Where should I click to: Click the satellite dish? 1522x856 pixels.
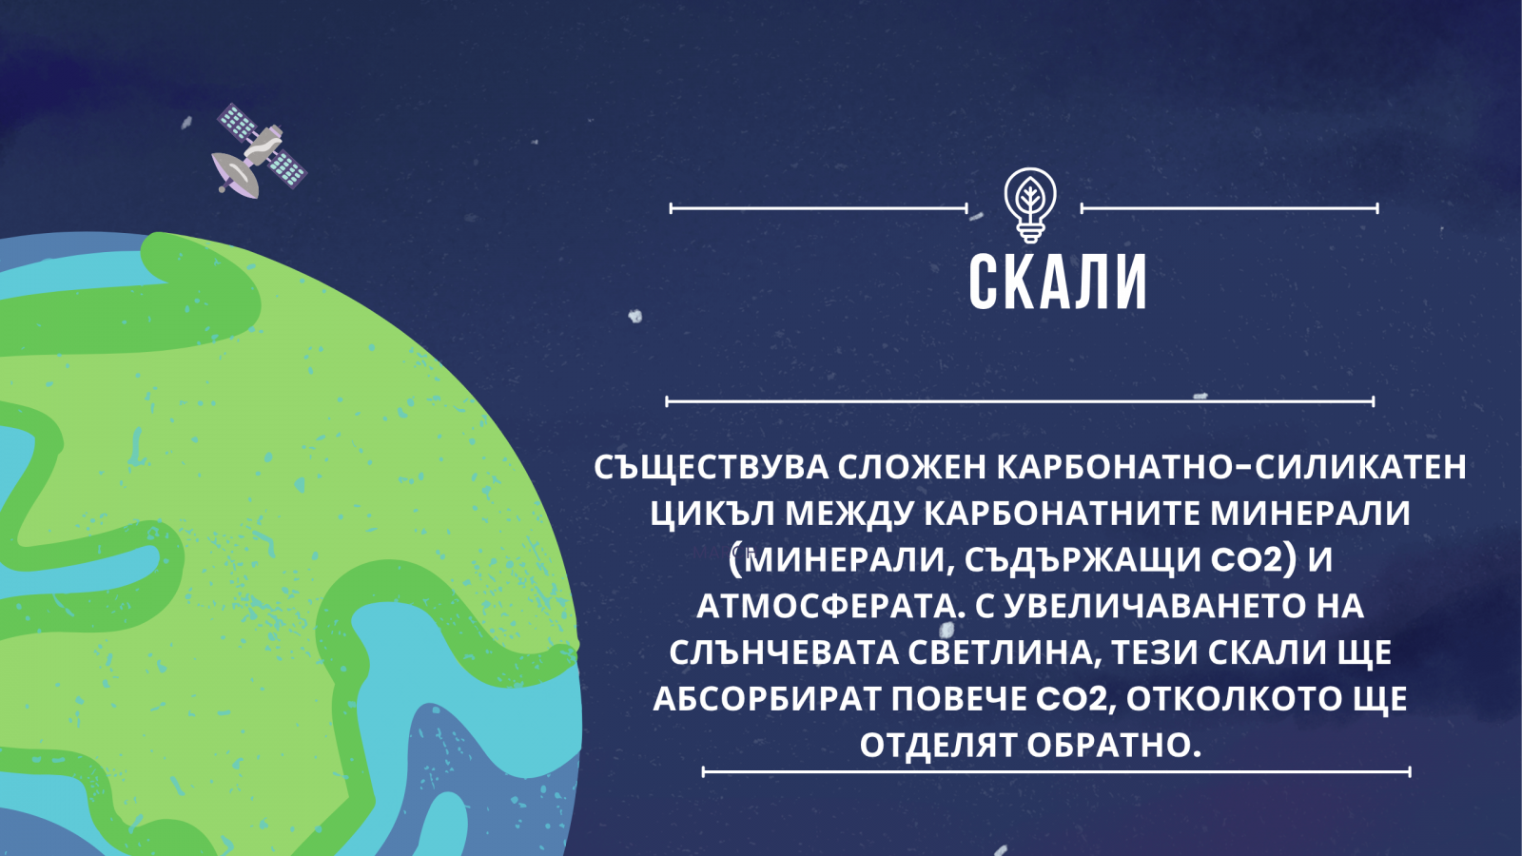pyautogui.click(x=235, y=175)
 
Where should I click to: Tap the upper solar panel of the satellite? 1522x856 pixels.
pyautogui.click(x=237, y=123)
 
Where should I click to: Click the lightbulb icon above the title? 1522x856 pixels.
pyautogui.click(x=1030, y=205)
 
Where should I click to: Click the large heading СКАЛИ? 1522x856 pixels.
pyautogui.click(x=1057, y=282)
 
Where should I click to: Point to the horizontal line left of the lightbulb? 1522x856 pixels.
pyautogui.click(x=819, y=208)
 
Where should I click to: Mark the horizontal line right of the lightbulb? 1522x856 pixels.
pyautogui.click(x=1229, y=208)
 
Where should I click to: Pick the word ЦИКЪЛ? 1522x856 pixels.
pyautogui.click(x=712, y=515)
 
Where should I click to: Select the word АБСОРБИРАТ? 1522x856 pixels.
pyautogui.click(x=767, y=699)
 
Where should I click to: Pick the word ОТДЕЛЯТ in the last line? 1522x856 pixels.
pyautogui.click(x=939, y=746)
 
